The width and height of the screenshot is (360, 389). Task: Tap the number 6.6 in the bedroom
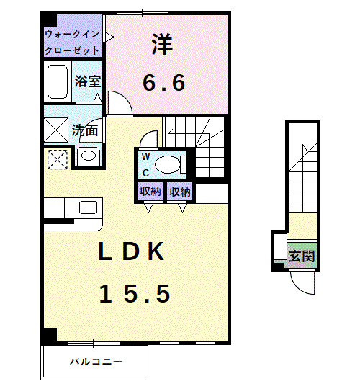coord(163,81)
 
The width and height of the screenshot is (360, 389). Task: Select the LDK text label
coord(133,251)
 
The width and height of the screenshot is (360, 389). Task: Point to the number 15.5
coord(135,293)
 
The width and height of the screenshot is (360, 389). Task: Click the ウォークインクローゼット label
coord(73,42)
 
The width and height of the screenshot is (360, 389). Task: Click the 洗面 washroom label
coord(85,131)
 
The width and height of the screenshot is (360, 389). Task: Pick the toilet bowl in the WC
coord(170,164)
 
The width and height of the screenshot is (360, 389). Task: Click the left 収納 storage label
coord(150,192)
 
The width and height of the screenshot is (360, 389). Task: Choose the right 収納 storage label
coord(179,192)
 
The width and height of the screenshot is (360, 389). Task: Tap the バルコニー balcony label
coord(96,361)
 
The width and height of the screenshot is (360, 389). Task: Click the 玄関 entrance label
coord(302,256)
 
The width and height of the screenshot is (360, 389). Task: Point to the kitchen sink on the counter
coord(89,207)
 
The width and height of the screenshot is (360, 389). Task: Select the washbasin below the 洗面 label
coord(89,156)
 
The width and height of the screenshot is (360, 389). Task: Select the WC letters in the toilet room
coord(145,164)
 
